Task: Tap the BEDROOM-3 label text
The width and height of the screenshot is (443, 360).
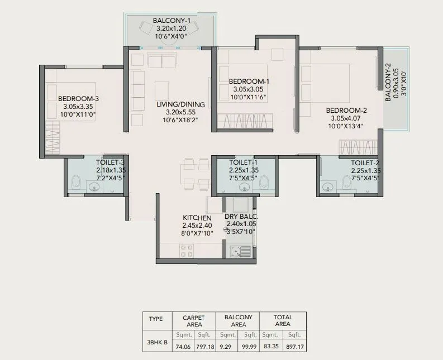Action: click(x=78, y=99)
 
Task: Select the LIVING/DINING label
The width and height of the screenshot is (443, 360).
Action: click(x=180, y=104)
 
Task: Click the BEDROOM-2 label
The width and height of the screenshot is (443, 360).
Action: click(x=346, y=110)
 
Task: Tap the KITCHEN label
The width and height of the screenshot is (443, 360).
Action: click(x=197, y=218)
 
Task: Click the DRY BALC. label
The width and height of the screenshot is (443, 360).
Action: click(x=241, y=217)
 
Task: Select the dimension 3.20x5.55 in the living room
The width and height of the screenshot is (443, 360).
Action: click(x=180, y=112)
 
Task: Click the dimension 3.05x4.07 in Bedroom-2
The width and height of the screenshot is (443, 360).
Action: click(x=346, y=118)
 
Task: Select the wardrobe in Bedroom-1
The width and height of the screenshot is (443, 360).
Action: click(x=245, y=121)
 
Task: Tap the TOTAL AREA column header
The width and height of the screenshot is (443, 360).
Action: click(x=283, y=320)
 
